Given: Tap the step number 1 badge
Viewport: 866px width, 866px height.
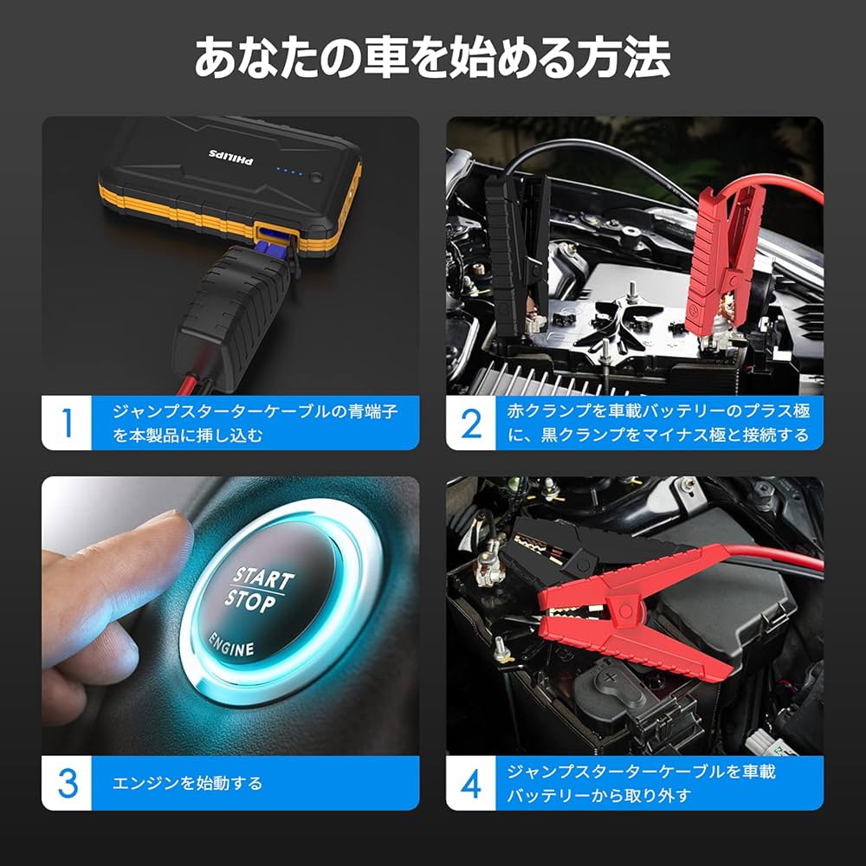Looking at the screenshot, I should pyautogui.click(x=67, y=423).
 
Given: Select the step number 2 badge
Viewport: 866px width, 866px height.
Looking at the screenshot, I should pyautogui.click(x=471, y=423).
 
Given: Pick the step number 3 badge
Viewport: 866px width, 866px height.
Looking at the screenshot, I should pyautogui.click(x=67, y=783).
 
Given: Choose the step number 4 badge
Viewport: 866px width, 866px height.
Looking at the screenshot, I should pyautogui.click(x=471, y=783).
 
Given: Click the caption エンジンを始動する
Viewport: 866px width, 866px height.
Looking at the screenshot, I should pyautogui.click(x=187, y=784).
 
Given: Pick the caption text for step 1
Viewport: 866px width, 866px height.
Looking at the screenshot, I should pyautogui.click(x=255, y=423).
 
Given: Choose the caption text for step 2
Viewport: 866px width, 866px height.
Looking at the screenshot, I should pyautogui.click(x=658, y=423).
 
